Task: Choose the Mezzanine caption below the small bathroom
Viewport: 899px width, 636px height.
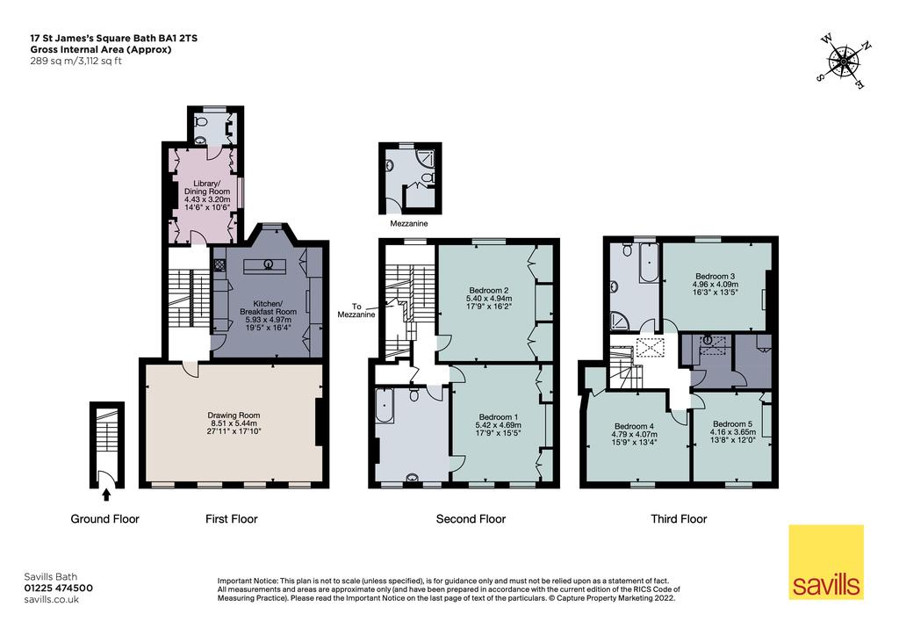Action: click(409, 224)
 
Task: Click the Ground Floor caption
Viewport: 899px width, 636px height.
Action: click(105, 519)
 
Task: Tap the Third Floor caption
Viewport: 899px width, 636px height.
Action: click(679, 519)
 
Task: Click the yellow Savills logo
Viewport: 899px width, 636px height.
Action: click(826, 562)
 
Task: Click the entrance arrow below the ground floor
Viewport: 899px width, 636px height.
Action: click(106, 495)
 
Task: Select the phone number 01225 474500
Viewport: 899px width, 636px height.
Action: click(59, 588)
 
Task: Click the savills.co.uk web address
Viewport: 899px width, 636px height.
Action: click(52, 599)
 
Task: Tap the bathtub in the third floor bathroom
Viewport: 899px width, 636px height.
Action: click(649, 263)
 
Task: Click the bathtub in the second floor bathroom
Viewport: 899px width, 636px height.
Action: click(385, 406)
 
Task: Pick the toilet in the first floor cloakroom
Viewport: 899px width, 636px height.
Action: click(201, 122)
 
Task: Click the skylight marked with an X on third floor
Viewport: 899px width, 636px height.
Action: click(651, 348)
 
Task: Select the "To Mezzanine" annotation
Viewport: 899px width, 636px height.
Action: click(356, 310)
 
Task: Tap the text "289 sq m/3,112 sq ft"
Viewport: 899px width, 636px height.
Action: click(76, 61)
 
